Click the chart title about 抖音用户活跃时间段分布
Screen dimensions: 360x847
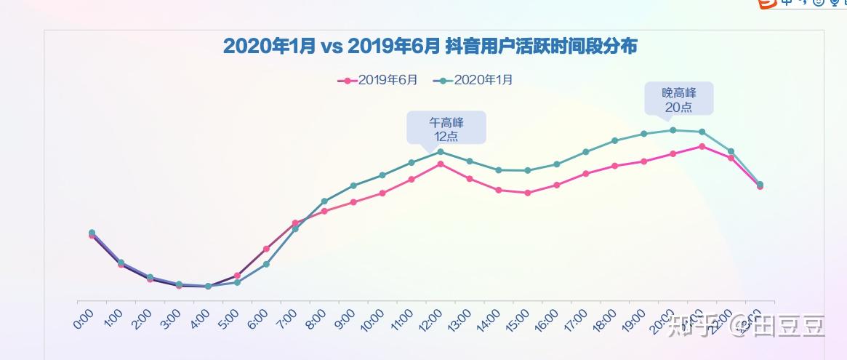coord(430,47)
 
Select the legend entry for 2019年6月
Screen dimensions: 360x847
coord(378,80)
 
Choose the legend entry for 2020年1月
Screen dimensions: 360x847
coord(473,80)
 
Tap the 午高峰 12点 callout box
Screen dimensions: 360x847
coord(446,128)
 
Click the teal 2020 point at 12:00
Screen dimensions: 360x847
coord(441,151)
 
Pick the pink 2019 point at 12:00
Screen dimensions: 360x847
coord(441,164)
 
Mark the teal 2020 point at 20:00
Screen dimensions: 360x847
coord(673,130)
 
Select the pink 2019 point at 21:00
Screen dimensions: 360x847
coord(702,146)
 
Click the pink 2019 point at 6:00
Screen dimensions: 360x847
coord(266,249)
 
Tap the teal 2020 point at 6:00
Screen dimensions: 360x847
coord(266,264)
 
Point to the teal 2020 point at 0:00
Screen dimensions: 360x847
coord(92,233)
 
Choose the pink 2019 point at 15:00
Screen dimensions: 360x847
coord(528,193)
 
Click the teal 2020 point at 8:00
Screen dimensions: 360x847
coord(324,201)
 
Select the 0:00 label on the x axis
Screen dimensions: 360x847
coord(84,320)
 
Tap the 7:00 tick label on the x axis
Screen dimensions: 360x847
coord(287,320)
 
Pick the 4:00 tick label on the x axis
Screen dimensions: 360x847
coord(200,320)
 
